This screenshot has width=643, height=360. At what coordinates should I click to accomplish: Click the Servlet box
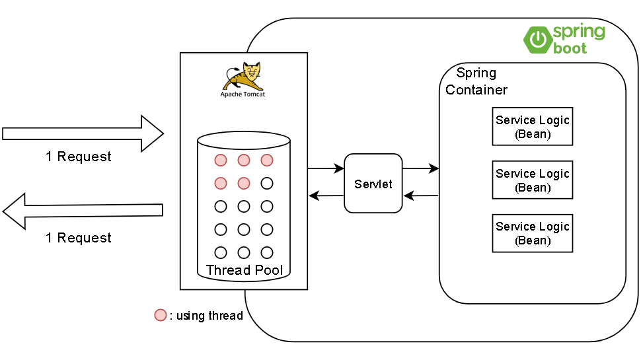tap(373, 184)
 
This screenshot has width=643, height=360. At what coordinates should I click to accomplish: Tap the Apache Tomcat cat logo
tap(243, 76)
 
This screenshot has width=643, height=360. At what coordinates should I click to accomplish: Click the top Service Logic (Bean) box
tap(532, 126)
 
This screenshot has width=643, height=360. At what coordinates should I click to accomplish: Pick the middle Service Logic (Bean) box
tap(532, 180)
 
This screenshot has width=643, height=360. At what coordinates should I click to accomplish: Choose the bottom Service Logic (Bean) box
tap(532, 233)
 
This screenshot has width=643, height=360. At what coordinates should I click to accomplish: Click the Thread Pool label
tap(244, 270)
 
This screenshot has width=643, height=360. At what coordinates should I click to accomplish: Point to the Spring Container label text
tap(476, 81)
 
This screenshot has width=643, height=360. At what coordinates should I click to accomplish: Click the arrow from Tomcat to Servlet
tap(326, 169)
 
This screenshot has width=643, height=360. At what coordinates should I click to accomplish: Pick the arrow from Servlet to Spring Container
tap(420, 169)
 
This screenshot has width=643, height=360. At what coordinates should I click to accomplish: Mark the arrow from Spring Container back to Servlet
tap(420, 196)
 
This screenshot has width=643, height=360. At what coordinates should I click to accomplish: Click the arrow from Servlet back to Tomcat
tap(326, 196)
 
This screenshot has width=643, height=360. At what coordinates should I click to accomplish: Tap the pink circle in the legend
tap(161, 315)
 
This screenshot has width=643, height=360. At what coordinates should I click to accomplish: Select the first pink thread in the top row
tap(221, 160)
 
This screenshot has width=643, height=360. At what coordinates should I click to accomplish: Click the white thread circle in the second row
tap(267, 183)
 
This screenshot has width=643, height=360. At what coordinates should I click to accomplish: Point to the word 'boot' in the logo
tap(570, 48)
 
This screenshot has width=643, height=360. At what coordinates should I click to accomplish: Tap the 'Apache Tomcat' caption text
tap(243, 94)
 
